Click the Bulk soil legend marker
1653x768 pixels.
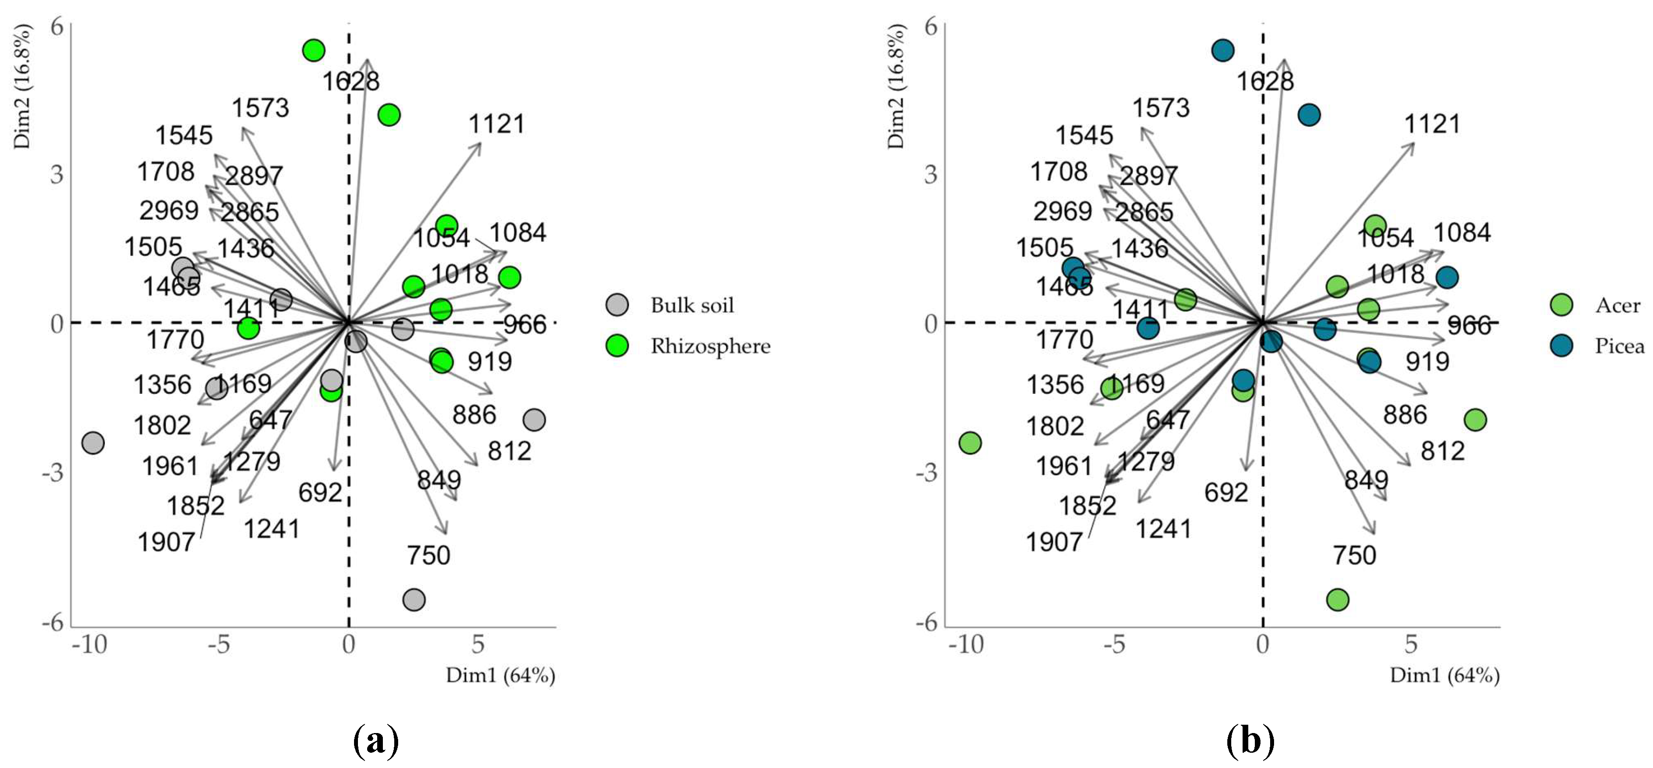pyautogui.click(x=617, y=305)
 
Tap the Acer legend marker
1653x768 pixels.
pyautogui.click(x=1561, y=305)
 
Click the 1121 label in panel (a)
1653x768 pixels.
pyautogui.click(x=497, y=124)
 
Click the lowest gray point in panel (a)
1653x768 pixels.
pyautogui.click(x=414, y=600)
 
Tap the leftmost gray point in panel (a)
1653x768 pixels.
pyautogui.click(x=93, y=443)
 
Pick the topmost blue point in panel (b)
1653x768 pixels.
pyautogui.click(x=1223, y=50)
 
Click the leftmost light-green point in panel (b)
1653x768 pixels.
pyautogui.click(x=970, y=443)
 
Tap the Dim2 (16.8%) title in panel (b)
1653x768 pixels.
pyautogui.click(x=896, y=87)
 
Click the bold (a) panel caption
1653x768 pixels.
pyautogui.click(x=376, y=741)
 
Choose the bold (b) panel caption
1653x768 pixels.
pyautogui.click(x=1250, y=741)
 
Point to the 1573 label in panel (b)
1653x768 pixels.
pyautogui.click(x=1160, y=108)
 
